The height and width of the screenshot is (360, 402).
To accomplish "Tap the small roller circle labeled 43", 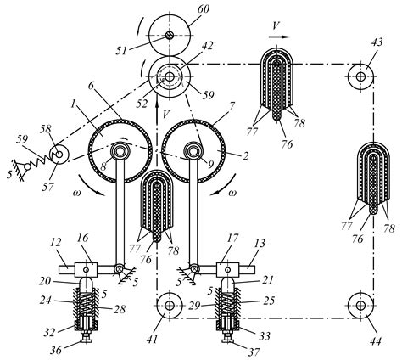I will click(x=360, y=77).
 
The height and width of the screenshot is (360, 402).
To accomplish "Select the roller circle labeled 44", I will click(x=360, y=303).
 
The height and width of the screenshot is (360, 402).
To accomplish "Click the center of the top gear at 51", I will click(x=170, y=35).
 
